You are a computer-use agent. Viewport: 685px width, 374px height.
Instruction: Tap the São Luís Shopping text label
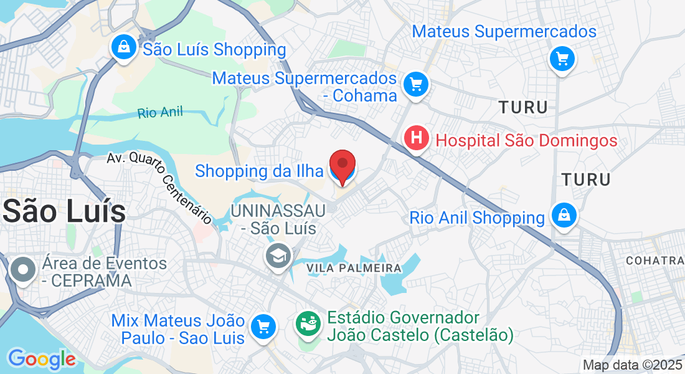tap(214, 49)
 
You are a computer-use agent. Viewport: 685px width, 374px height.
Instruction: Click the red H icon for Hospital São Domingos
tap(417, 138)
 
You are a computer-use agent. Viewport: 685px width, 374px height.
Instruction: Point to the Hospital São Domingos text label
tap(526, 140)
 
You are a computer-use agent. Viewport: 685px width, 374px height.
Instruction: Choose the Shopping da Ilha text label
tap(259, 171)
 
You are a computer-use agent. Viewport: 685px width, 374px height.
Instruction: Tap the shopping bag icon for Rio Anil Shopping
tap(564, 216)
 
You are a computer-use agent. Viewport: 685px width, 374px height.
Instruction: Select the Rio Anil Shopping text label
tap(477, 218)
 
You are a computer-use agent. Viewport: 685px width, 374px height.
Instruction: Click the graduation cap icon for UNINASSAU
tap(278, 256)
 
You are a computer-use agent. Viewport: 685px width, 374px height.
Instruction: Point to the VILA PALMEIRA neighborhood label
tap(354, 268)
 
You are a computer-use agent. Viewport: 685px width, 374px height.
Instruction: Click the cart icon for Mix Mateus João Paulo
tap(263, 326)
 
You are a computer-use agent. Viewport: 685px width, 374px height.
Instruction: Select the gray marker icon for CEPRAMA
tap(24, 271)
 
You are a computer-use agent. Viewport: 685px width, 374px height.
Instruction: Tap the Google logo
tap(41, 359)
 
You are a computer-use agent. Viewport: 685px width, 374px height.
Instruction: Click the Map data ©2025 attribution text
tap(631, 365)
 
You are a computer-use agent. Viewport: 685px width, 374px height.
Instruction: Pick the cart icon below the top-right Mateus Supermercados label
tap(562, 60)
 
